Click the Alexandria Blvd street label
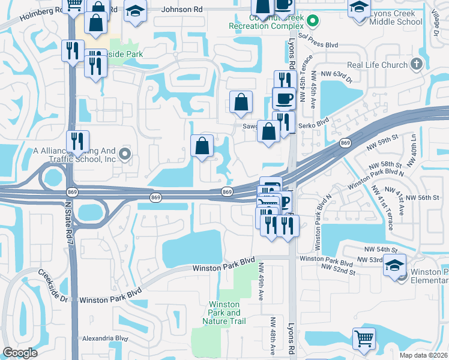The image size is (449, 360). point(105,338)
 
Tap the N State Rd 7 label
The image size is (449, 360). point(68,223)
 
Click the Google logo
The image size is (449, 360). point(20,352)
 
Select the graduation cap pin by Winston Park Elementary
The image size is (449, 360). point(395,265)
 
